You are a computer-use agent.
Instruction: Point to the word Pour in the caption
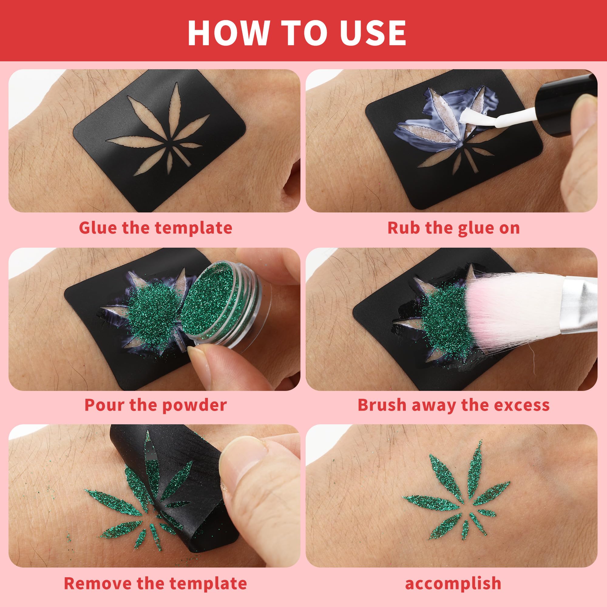click(x=105, y=405)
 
